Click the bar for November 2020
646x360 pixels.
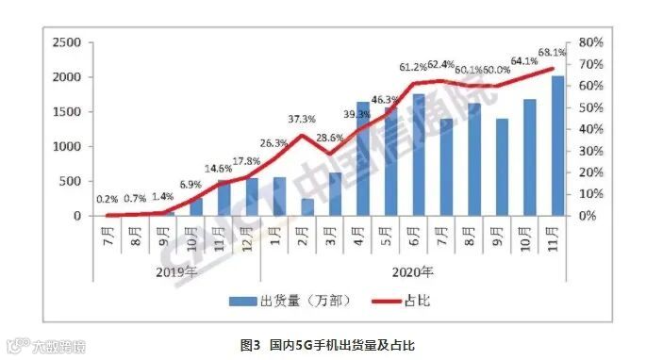pos(557,146)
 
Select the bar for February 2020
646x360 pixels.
pos(308,207)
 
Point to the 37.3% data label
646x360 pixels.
pos(302,119)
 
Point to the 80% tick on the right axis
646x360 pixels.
pos(591,42)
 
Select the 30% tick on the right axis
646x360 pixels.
pos(591,151)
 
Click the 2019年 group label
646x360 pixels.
pos(174,274)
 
